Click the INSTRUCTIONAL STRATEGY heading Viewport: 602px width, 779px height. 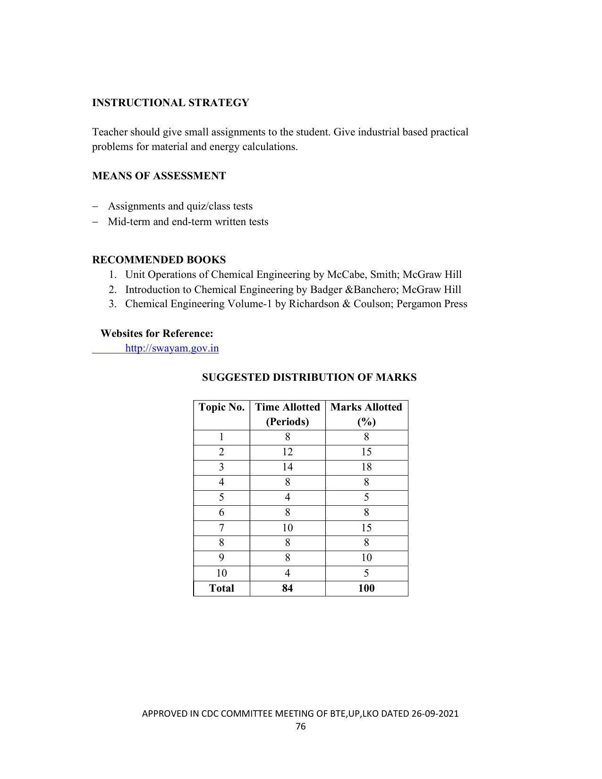coord(170,103)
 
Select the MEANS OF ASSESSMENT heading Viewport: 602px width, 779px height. coord(159,176)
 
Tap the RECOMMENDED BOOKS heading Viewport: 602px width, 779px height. coord(159,260)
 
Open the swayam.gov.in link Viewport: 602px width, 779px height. coord(172,348)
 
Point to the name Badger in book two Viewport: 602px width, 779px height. coord(326,290)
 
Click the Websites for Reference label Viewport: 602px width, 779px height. coord(157,334)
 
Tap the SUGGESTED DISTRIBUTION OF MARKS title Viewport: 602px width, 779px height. coord(309,377)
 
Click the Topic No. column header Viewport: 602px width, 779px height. coord(221,407)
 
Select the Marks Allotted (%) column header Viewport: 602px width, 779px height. coord(366,414)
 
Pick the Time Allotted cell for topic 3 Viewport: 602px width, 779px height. coord(288,467)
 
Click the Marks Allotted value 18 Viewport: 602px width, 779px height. coord(366,467)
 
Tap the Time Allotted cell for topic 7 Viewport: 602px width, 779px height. coord(288,528)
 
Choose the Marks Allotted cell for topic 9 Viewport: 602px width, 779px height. coord(366,558)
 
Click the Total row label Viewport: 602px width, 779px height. coord(221,588)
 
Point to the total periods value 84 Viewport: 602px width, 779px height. coord(288,588)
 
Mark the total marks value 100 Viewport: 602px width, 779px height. coord(366,588)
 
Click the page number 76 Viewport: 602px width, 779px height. coord(301,727)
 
